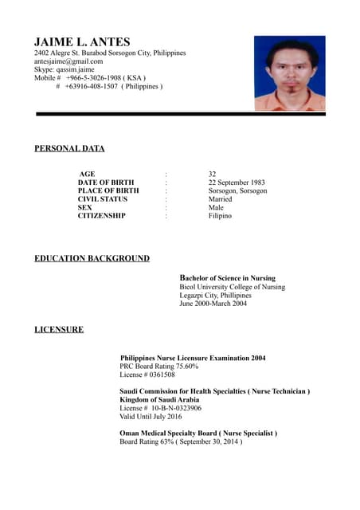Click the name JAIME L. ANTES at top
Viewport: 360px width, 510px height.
(x=82, y=41)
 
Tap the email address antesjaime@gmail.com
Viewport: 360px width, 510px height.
(x=68, y=61)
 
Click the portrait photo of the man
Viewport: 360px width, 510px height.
(x=289, y=73)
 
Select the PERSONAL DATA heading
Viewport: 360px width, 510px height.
(x=69, y=148)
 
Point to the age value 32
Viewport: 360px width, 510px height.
(x=212, y=174)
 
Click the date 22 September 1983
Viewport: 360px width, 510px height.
(x=237, y=182)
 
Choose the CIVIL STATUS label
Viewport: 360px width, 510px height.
(x=102, y=199)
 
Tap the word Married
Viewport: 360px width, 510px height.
(x=221, y=199)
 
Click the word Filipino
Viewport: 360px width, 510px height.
(x=220, y=216)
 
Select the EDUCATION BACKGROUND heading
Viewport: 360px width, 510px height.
(x=92, y=258)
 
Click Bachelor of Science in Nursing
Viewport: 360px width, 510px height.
(x=228, y=278)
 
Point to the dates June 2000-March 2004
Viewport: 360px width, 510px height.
(x=213, y=304)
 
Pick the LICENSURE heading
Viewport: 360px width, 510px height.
(x=58, y=329)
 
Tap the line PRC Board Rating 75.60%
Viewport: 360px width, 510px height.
(x=158, y=366)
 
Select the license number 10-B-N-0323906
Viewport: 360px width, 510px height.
(x=174, y=407)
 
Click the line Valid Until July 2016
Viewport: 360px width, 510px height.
(x=151, y=416)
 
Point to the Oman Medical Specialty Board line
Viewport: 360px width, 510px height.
(x=198, y=433)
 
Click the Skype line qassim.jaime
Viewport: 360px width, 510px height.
(x=64, y=69)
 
